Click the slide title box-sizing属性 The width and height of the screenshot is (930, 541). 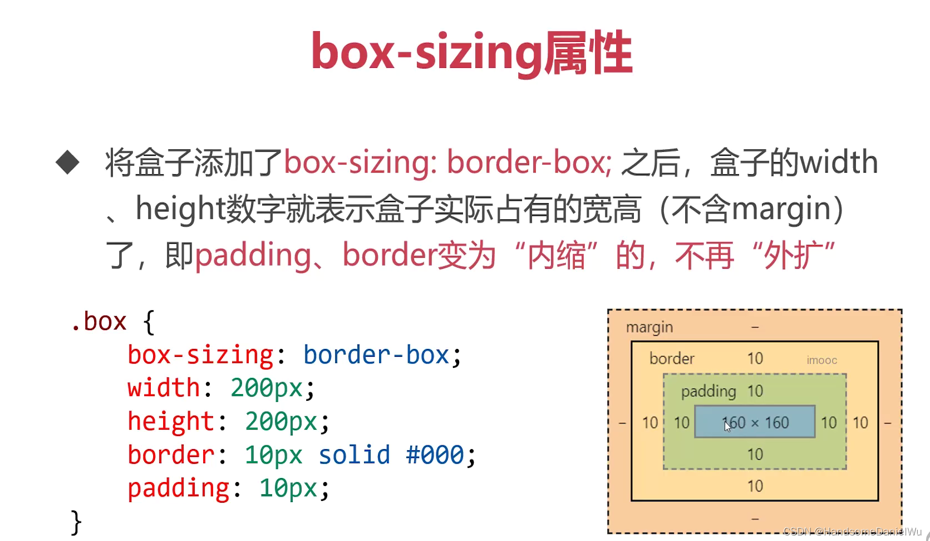click(x=471, y=53)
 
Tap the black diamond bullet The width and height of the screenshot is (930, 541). click(x=68, y=163)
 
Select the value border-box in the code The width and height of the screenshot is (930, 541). click(x=376, y=355)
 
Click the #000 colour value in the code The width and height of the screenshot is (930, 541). click(x=435, y=455)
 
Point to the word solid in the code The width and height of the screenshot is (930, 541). click(x=355, y=455)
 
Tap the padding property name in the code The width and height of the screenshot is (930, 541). click(x=178, y=488)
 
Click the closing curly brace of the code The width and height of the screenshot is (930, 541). click(x=76, y=522)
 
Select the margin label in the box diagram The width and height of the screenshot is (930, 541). click(x=649, y=327)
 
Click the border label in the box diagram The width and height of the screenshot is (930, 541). click(x=672, y=358)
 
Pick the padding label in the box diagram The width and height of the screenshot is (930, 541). click(x=708, y=391)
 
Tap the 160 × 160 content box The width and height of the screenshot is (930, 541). click(x=755, y=423)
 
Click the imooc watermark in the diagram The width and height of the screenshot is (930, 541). click(x=821, y=360)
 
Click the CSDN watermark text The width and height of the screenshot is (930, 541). click(x=852, y=532)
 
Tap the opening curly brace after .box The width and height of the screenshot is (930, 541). click(x=149, y=322)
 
